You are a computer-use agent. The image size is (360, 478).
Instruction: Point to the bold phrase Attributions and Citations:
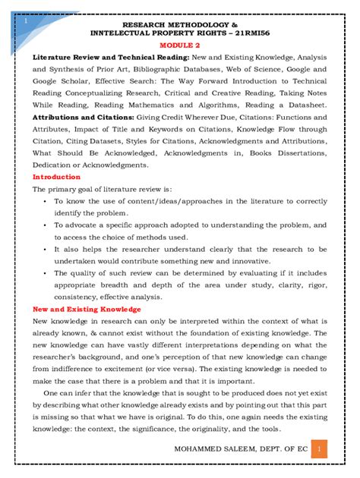click(x=79, y=118)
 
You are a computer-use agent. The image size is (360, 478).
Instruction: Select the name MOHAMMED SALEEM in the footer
click(x=212, y=451)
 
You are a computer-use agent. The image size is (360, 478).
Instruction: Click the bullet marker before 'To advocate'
click(x=47, y=225)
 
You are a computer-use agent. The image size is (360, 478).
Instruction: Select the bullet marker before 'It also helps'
click(x=47, y=249)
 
